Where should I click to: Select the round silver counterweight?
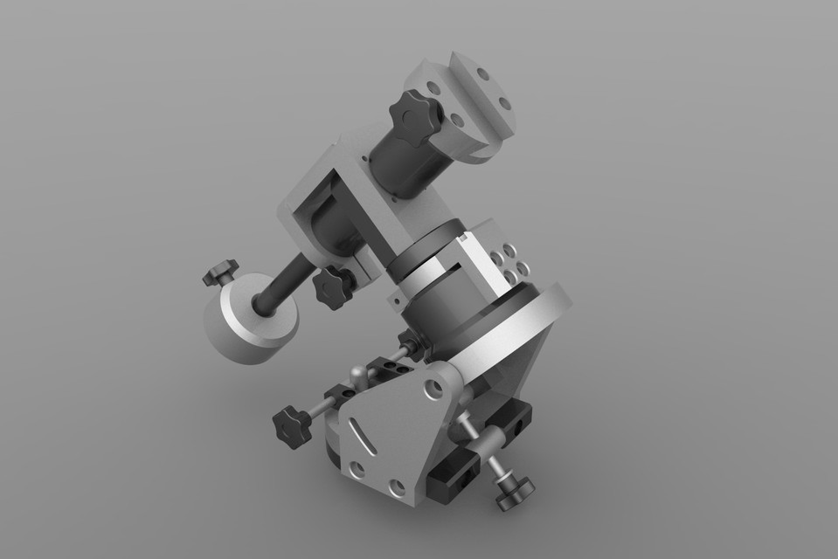click(x=249, y=321)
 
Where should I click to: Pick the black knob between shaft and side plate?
click(x=332, y=286)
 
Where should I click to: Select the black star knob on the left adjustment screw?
click(x=290, y=424)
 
